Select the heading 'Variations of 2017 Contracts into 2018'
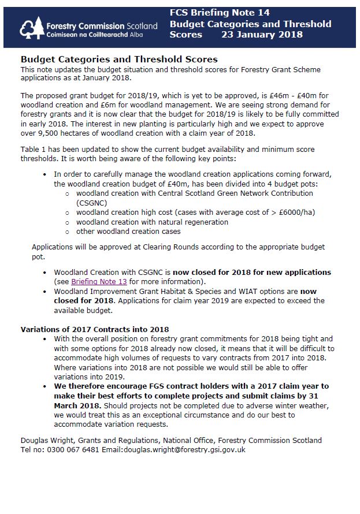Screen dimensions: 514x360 click(95, 329)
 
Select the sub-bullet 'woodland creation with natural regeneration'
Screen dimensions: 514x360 click(152, 222)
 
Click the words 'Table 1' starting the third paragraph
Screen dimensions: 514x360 click(34, 149)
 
